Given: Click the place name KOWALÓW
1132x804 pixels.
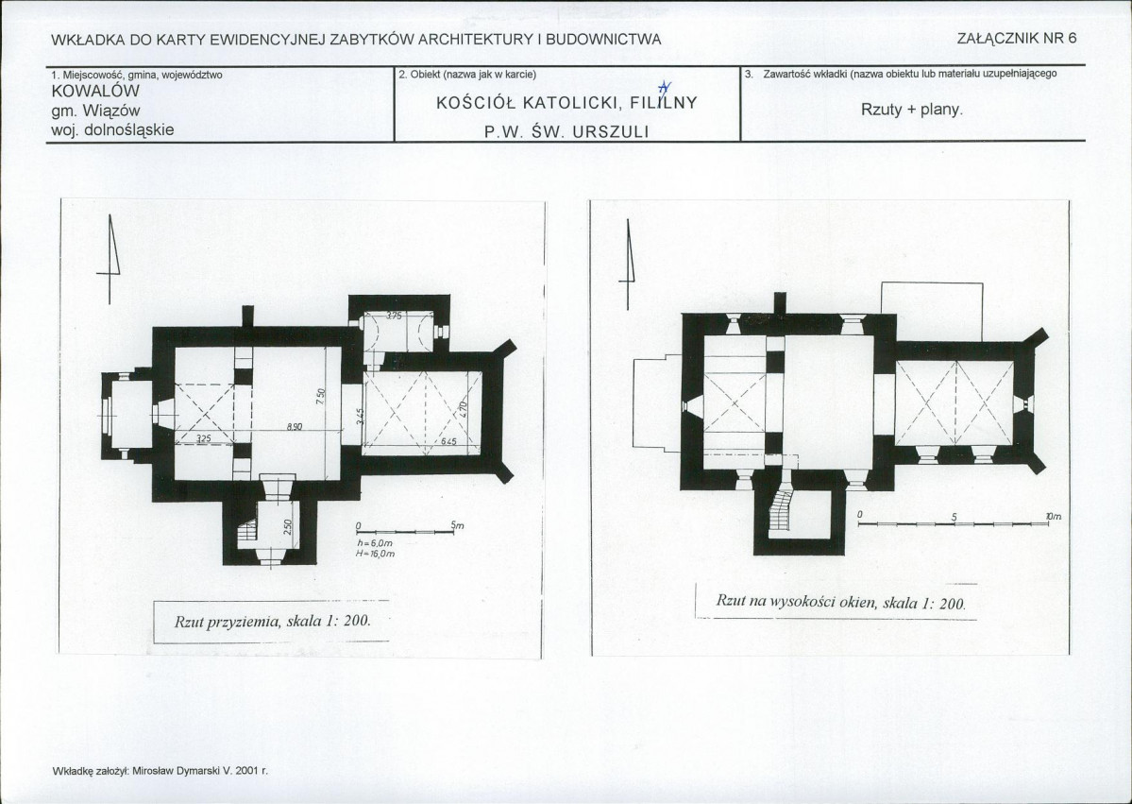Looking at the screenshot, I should click(96, 92).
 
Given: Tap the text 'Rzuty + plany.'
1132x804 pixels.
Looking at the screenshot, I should click(912, 110).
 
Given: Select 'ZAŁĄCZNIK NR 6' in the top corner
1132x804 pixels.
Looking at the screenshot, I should click(1017, 39).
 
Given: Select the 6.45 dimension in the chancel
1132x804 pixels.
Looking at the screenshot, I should click(448, 441).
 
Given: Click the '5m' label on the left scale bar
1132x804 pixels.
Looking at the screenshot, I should click(457, 525).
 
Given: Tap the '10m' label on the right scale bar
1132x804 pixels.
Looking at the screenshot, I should click(1054, 517).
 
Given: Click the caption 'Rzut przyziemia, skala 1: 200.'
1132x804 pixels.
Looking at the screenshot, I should click(273, 623).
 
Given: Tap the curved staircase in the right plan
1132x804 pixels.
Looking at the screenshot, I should click(781, 511).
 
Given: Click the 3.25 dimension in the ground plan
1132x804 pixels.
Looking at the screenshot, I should click(204, 439).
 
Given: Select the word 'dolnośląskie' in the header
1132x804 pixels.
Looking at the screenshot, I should click(128, 129).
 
